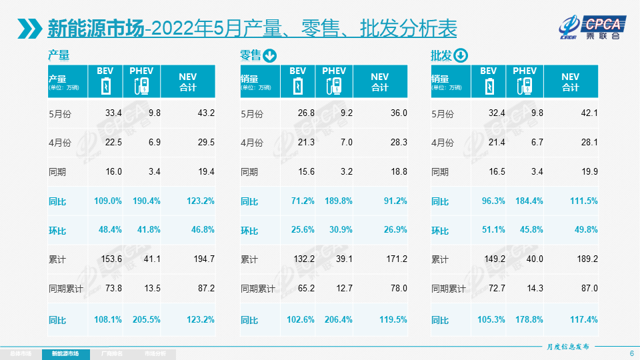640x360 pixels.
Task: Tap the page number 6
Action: click(631, 353)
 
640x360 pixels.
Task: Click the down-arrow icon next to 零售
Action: click(270, 55)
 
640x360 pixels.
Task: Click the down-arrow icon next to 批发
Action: click(461, 55)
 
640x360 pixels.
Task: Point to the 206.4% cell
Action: click(337, 319)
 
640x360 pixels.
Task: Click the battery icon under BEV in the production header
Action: click(105, 86)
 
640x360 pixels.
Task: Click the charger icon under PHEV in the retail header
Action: click(334, 86)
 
